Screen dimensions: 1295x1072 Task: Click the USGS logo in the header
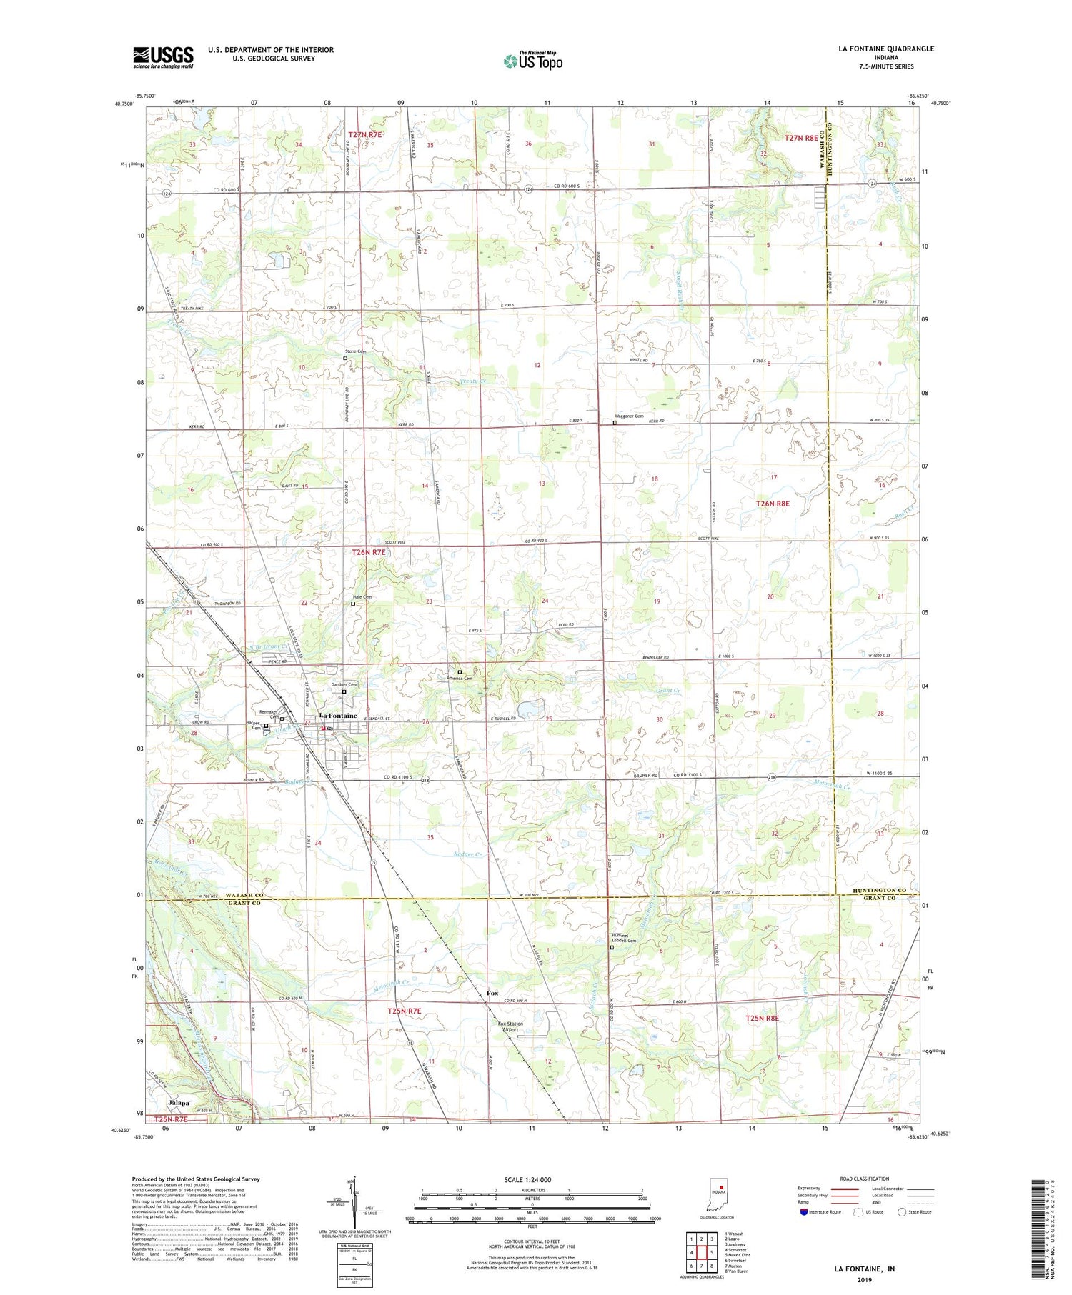tap(163, 57)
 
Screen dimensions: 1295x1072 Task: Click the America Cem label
tap(460, 679)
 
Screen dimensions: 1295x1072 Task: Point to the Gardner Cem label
tap(344, 684)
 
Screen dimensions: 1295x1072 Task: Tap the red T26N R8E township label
tap(773, 504)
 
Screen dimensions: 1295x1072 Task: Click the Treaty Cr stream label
tap(472, 381)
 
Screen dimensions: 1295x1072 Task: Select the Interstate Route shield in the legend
tap(804, 1212)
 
